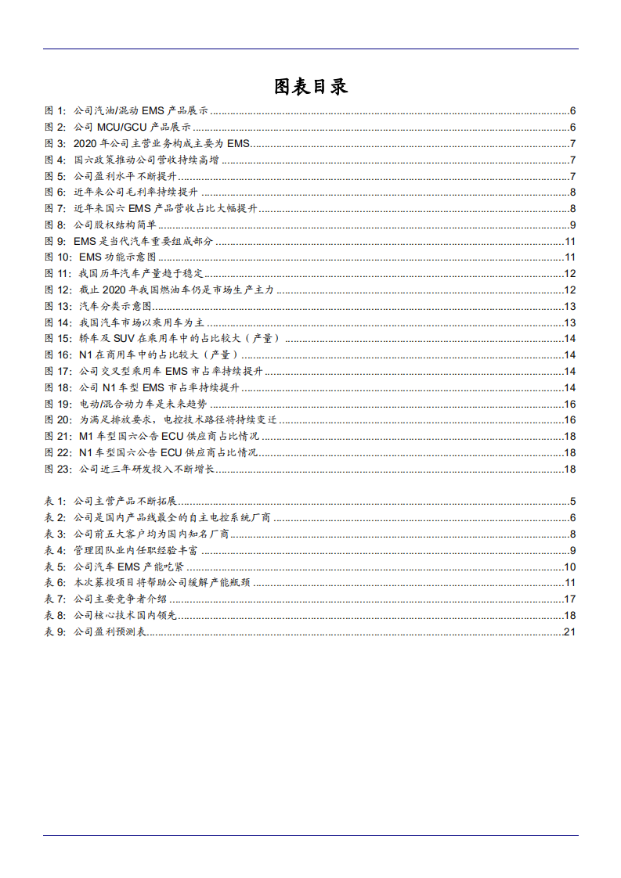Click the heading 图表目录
[x=310, y=86]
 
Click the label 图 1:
[x=55, y=111]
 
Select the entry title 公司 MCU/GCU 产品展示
[x=132, y=127]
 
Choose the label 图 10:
[x=58, y=257]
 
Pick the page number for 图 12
[x=570, y=290]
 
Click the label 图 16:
[x=58, y=355]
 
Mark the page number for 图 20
[x=570, y=420]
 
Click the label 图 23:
[x=58, y=470]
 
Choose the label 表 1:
[x=55, y=501]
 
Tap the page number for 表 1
[x=573, y=501]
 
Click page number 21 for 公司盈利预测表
[x=570, y=632]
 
